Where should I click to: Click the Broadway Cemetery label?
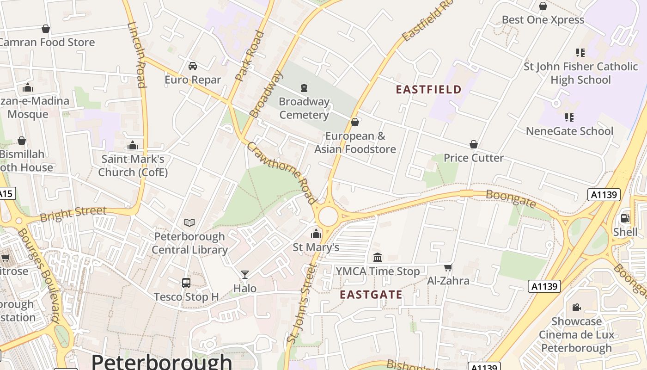[x=304, y=108]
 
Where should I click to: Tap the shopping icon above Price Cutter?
[x=474, y=145]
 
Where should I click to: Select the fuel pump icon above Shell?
[x=625, y=218]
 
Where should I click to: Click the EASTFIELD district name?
[x=428, y=90]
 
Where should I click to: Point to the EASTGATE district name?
[x=371, y=295]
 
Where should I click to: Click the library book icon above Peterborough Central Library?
[x=189, y=223]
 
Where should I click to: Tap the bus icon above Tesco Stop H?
[x=186, y=283]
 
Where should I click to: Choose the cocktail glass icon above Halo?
[x=245, y=275]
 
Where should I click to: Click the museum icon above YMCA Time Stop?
[x=378, y=257]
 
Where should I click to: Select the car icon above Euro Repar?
[x=193, y=66]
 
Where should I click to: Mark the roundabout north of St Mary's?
[x=328, y=216]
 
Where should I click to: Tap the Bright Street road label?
[x=73, y=214]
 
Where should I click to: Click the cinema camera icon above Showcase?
[x=576, y=307]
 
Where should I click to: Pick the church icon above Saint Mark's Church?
[x=133, y=146]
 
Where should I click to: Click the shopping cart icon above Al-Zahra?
[x=448, y=267]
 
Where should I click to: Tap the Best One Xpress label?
[x=543, y=20]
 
